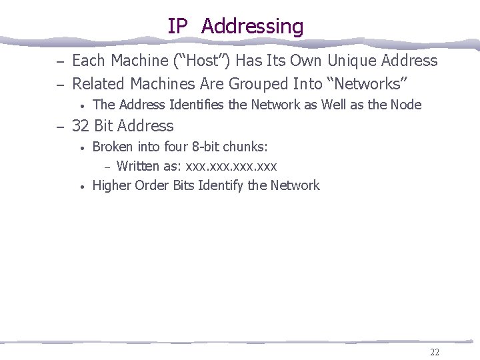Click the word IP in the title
point(178,27)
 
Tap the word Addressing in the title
point(252,27)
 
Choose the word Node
point(406,105)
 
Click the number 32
point(81,126)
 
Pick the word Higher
point(111,185)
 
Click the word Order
point(154,185)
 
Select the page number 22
point(435,353)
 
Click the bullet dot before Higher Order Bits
point(81,187)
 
